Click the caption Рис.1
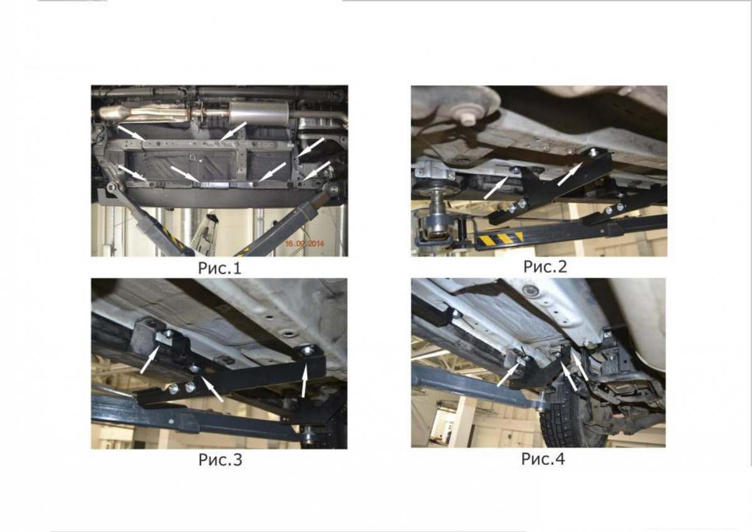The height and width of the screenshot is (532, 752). point(219,268)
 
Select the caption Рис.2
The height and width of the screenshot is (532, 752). point(545,267)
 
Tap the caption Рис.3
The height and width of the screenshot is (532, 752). point(220,460)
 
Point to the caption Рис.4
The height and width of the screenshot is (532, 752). point(543,459)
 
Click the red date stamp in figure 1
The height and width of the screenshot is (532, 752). point(305,243)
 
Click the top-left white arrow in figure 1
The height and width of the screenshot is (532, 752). point(131,132)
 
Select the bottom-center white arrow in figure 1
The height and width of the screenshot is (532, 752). point(185,174)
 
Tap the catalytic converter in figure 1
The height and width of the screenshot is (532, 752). point(113,112)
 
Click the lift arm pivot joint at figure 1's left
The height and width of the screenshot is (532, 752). point(112,187)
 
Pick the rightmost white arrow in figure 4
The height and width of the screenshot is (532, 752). point(580,366)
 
